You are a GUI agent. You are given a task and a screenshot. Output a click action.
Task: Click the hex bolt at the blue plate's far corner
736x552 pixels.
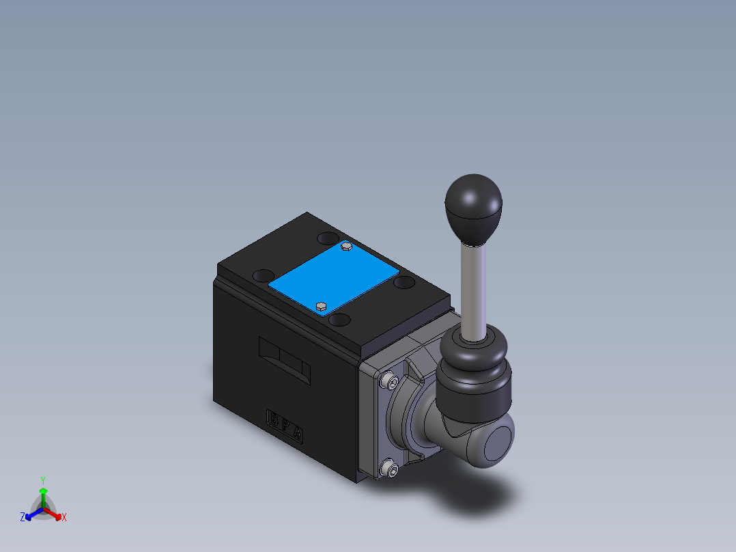tap(346, 246)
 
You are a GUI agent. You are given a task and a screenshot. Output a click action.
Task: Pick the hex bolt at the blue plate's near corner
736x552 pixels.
tap(321, 305)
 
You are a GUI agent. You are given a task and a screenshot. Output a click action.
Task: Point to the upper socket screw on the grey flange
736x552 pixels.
tap(390, 380)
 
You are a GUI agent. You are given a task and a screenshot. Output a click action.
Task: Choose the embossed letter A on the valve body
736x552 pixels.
tap(298, 434)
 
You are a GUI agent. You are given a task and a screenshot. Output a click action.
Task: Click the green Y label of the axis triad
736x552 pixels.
tap(42, 480)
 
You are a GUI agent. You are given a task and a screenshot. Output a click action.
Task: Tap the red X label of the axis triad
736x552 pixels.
tap(64, 518)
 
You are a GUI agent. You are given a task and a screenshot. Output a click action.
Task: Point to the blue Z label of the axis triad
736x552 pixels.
tap(23, 517)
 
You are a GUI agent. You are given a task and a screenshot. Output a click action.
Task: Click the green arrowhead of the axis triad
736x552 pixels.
tap(43, 491)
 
